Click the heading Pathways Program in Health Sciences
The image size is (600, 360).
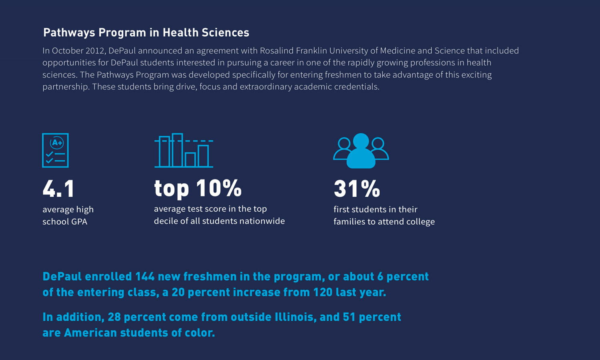click(x=146, y=32)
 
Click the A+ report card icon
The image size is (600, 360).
click(x=55, y=150)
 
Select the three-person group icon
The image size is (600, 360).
click(x=361, y=151)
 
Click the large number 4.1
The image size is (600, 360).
click(x=58, y=188)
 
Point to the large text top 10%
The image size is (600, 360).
click(x=198, y=188)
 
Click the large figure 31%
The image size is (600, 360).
click(x=356, y=188)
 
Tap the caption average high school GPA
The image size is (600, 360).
click(x=68, y=215)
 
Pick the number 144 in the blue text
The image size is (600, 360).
click(x=145, y=276)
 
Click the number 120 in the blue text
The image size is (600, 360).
click(x=322, y=292)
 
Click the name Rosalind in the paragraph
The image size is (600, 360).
click(x=276, y=51)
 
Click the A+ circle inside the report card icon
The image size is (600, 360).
click(x=57, y=143)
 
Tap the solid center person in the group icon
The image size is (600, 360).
click(x=361, y=152)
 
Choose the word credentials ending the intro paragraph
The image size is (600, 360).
click(x=358, y=87)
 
